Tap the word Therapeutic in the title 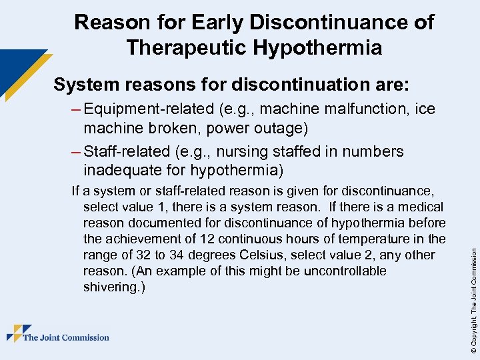click(193, 48)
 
